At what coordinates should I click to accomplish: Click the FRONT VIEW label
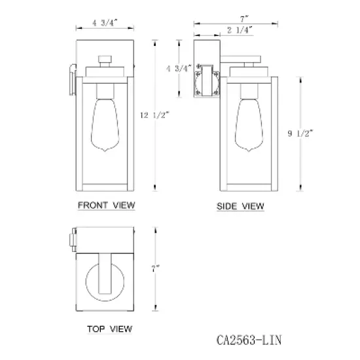point(106,206)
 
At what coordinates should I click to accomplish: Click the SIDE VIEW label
point(240,206)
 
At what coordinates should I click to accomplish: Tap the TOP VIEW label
point(109,329)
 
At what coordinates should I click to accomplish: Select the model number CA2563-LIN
point(249,340)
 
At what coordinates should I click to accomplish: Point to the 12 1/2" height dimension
point(154,115)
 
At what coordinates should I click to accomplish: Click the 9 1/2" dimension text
point(300,133)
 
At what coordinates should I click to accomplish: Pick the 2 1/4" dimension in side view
point(240,30)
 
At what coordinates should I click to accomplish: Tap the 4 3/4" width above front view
point(105,23)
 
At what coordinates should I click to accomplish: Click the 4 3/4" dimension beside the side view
point(179,69)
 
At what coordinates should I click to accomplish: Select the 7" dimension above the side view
point(244,19)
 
